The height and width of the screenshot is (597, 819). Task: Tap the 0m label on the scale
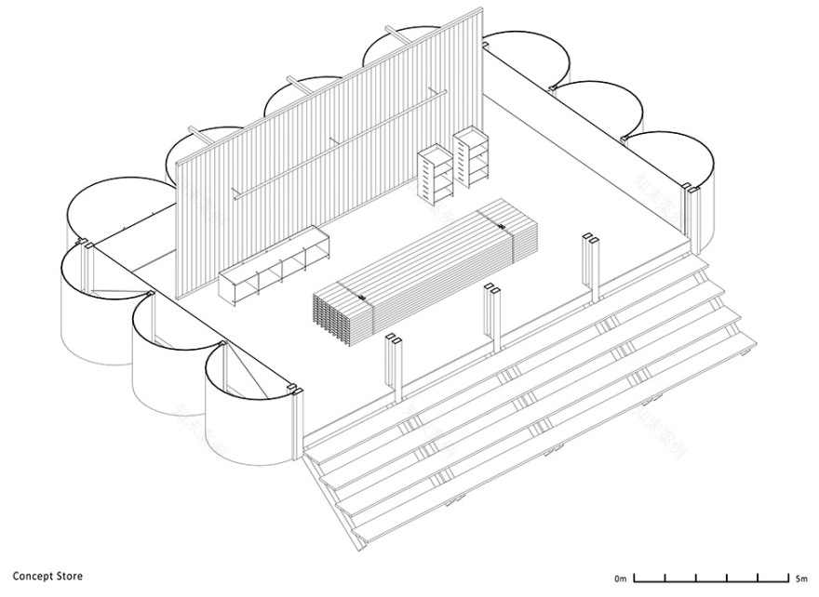click(x=621, y=577)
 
